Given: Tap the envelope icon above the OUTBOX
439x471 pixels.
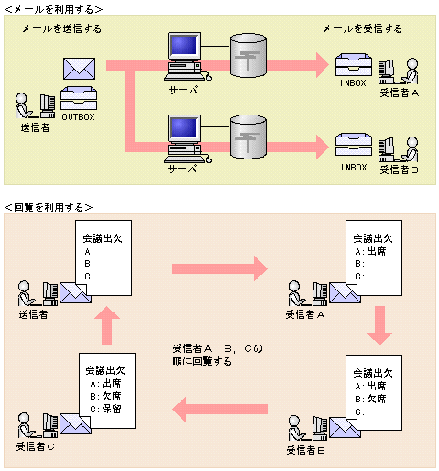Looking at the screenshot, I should tap(80, 69).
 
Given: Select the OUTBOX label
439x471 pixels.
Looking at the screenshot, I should tap(80, 116).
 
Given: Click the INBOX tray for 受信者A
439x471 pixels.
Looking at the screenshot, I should tap(354, 66).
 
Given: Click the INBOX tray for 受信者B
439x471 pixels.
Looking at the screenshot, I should tap(354, 147).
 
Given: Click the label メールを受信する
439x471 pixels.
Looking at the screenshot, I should tap(363, 29).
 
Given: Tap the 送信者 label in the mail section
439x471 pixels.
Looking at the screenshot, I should tap(35, 127).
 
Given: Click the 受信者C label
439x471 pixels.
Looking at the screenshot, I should tap(37, 448).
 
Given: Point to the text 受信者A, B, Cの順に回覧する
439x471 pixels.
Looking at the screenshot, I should tap(218, 355).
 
